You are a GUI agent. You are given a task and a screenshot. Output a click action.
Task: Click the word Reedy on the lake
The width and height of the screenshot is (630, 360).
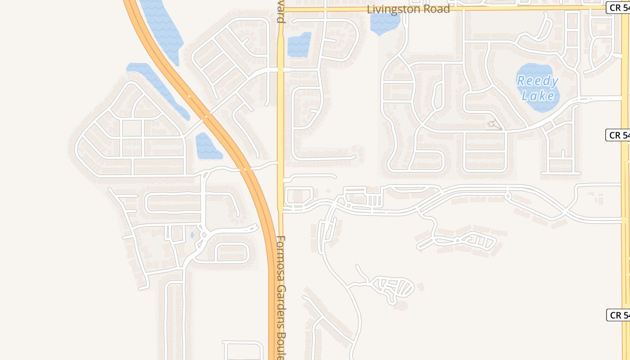point(537,81)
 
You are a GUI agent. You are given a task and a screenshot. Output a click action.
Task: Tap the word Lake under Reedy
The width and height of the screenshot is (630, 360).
point(538,95)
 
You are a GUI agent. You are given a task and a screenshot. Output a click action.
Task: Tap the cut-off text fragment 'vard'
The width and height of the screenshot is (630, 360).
point(280,14)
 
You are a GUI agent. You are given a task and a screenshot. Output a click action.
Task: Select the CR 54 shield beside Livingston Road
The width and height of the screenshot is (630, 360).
point(618,8)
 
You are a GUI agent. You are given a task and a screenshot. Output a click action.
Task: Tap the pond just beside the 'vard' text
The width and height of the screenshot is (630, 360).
point(299,45)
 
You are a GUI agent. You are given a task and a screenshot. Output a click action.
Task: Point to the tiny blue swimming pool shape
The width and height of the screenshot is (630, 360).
point(192,234)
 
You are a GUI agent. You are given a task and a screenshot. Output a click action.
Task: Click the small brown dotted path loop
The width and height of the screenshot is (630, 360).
point(494,125)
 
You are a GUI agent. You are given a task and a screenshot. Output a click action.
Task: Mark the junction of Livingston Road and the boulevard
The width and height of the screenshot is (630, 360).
point(280,9)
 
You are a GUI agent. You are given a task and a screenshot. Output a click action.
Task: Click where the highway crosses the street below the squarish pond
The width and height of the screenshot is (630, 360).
point(245,169)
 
